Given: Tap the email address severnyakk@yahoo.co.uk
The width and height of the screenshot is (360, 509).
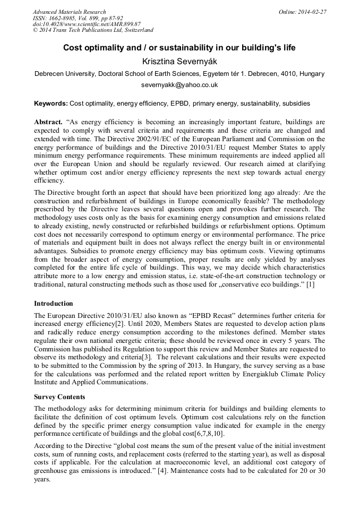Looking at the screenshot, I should click(179, 84).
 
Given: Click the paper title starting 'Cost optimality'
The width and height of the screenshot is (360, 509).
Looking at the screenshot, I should click(179, 48).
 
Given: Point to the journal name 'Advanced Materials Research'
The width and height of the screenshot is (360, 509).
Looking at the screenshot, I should click(69, 12).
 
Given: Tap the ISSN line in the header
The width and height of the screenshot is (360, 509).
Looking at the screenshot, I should click(85, 18).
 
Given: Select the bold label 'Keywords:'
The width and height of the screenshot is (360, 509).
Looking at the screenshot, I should click(50, 103).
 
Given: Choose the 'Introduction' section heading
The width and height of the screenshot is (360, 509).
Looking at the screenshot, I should click(54, 304).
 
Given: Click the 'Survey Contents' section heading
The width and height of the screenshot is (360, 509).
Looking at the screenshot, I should click(59, 397).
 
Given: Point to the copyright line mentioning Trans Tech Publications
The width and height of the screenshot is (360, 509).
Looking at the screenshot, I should click(93, 30).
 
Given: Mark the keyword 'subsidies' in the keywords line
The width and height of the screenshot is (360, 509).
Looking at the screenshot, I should click(296, 103).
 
